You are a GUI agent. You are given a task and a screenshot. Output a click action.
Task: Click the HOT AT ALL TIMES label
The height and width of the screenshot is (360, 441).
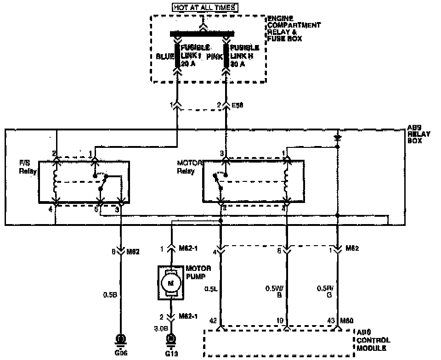point(206,7)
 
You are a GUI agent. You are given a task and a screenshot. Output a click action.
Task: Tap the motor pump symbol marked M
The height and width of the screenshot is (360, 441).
point(171,283)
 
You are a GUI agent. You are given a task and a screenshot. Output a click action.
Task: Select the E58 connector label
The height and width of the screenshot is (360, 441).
point(238,105)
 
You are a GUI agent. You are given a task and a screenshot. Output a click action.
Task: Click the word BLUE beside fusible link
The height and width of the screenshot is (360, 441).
point(165,56)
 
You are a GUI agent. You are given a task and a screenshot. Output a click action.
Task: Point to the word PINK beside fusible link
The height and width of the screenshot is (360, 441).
point(214,56)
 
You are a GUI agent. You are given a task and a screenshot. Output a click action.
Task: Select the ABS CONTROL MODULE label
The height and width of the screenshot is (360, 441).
point(374,340)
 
